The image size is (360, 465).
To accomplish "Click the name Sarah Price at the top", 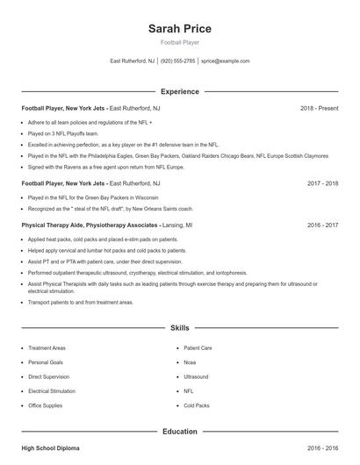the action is [180, 29].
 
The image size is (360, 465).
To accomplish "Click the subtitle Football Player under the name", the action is [180, 42].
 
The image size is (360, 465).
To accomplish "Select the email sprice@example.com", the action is [226, 61].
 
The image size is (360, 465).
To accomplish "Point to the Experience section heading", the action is [180, 91].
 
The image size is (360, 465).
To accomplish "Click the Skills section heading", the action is [180, 327].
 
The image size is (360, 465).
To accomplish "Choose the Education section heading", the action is [180, 432].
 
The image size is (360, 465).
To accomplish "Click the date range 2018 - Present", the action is [319, 108].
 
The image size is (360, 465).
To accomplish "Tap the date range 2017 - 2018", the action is [322, 183].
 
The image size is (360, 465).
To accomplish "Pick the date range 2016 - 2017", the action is [322, 225].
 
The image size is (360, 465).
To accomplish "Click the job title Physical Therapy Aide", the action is [55, 225].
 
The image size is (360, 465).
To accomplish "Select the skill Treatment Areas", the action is [47, 347].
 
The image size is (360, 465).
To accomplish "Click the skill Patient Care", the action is [198, 347].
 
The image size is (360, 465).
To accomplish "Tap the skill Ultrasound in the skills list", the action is [196, 376].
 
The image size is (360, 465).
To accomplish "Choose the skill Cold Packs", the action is [197, 405].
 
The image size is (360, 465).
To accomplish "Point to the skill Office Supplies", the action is [46, 405].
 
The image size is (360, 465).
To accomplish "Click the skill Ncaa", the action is [190, 361].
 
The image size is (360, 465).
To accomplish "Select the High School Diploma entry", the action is [50, 448].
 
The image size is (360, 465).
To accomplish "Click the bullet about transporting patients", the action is [81, 302].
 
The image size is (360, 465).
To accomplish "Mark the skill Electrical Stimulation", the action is [52, 390].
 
